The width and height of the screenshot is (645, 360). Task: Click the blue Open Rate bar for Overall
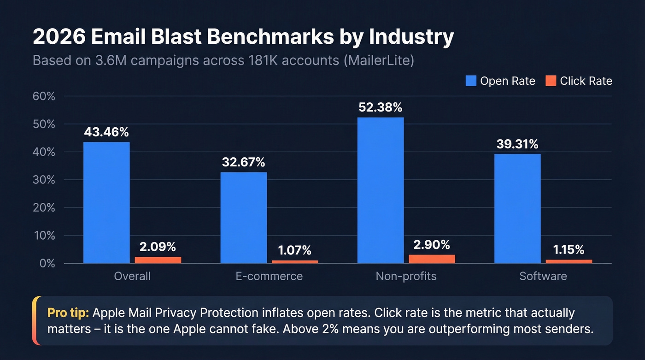106,202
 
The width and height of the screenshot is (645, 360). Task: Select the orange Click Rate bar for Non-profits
432,259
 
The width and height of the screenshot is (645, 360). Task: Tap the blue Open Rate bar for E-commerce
243,218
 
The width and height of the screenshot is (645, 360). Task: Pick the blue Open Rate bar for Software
517,208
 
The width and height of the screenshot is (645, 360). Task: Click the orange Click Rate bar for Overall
158,260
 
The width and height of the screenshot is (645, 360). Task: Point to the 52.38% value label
381,107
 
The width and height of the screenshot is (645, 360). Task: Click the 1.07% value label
294,250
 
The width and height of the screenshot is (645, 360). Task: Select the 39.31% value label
517,144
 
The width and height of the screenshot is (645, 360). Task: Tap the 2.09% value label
158,247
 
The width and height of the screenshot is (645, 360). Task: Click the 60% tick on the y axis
44,96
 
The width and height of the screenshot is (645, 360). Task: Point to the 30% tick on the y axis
44,180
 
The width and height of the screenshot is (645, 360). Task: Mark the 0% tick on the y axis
47,263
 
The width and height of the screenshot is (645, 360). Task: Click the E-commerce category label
269,276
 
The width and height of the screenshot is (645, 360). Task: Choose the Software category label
543,276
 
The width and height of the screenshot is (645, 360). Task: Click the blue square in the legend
471,81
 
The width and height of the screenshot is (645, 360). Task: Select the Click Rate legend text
586,81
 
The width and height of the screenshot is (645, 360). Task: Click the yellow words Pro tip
68,313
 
